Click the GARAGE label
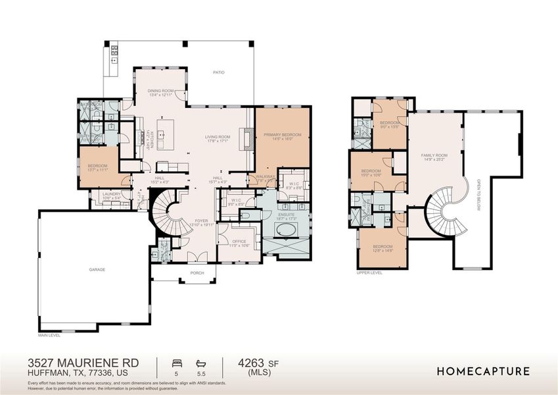point(97,269)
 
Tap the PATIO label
point(218,72)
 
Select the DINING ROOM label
point(160,91)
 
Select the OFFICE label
point(239,242)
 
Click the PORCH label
point(197,273)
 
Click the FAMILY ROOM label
point(434,155)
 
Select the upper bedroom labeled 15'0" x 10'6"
point(371,171)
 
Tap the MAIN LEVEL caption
point(51,334)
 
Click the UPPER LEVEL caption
point(369,272)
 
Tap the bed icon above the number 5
point(176,362)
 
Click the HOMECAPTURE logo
point(483,371)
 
